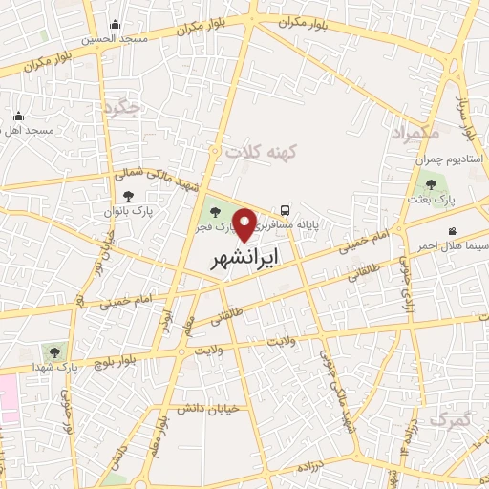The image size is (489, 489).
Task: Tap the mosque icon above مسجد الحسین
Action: click(116, 25)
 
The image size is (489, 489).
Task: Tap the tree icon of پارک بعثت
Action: click(431, 185)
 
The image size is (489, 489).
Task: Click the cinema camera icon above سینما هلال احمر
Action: click(452, 231)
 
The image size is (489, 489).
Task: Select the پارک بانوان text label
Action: click(129, 208)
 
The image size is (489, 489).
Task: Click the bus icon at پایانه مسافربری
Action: click(286, 210)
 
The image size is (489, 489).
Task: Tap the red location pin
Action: click(245, 223)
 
